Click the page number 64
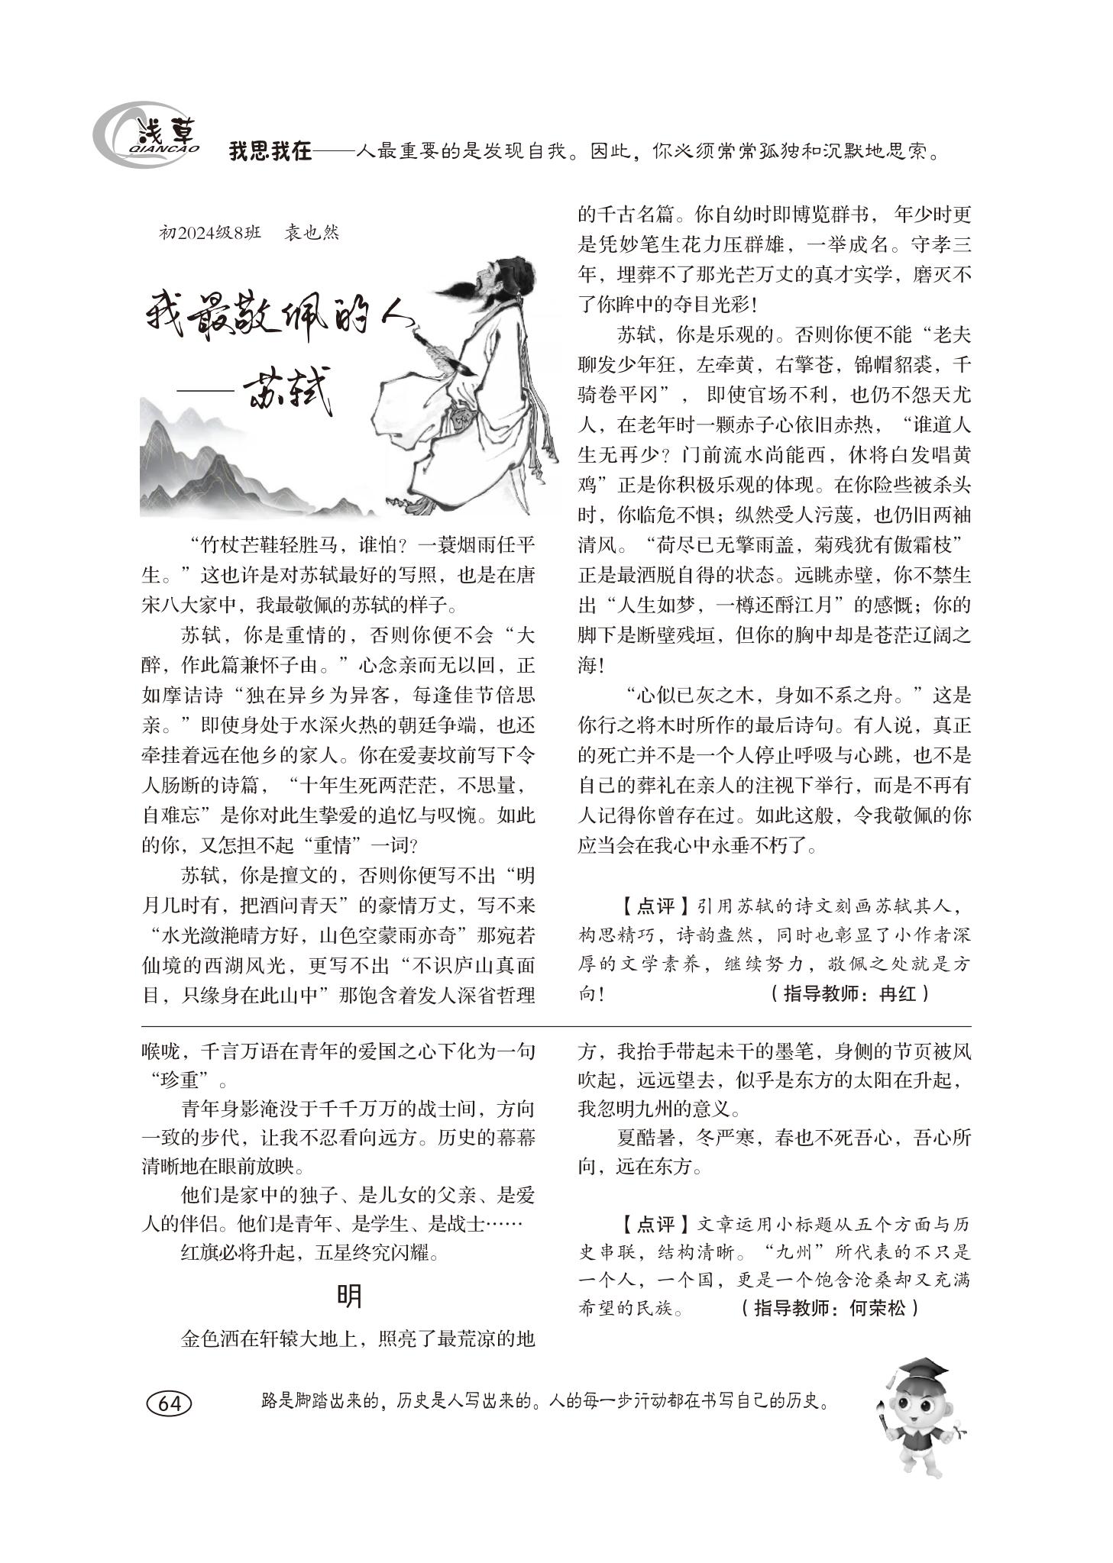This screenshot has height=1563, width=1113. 170,1403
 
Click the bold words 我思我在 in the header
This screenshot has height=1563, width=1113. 270,152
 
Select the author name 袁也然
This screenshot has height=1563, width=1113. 311,232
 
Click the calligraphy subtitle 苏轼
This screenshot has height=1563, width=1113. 286,394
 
